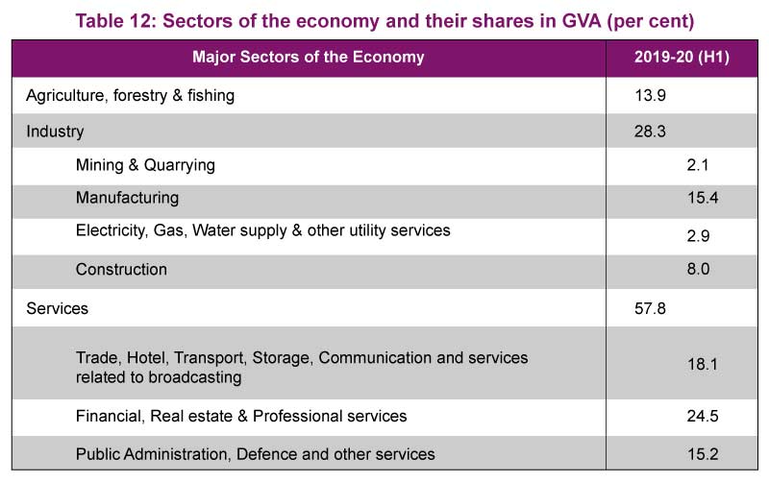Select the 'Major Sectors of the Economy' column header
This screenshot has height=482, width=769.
pyautogui.click(x=308, y=58)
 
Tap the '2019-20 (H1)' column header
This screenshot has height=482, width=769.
pyautogui.click(x=681, y=58)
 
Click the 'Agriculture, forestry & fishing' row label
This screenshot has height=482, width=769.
pyautogui.click(x=130, y=95)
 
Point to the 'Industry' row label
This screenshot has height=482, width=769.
pyautogui.click(x=55, y=132)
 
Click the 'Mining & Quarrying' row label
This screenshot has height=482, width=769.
pyautogui.click(x=145, y=165)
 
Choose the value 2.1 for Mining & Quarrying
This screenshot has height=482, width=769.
pyautogui.click(x=698, y=165)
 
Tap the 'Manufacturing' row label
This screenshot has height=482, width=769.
pyautogui.click(x=127, y=198)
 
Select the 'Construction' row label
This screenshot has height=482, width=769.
pyautogui.click(x=121, y=270)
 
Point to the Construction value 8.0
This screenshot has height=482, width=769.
pyautogui.click(x=698, y=270)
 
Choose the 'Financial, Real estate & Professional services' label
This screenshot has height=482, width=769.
pyautogui.click(x=241, y=416)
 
